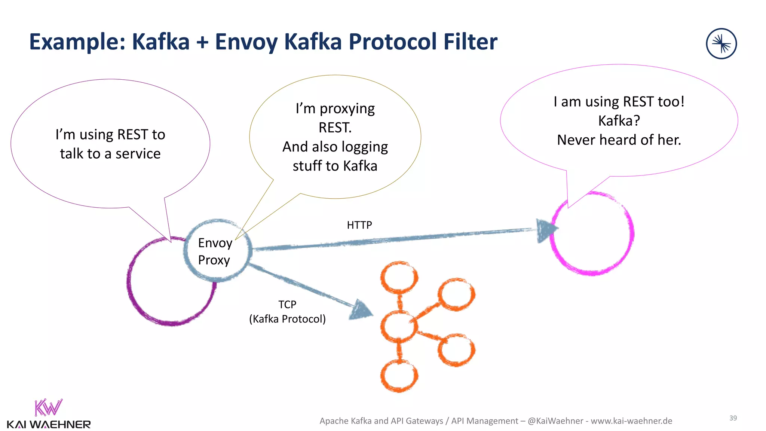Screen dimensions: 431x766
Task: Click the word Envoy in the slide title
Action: pyautogui.click(x=246, y=42)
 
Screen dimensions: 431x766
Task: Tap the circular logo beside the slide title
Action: pyautogui.click(x=721, y=44)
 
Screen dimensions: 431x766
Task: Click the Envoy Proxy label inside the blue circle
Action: pyautogui.click(x=215, y=251)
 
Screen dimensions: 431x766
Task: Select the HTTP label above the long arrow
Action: pyautogui.click(x=359, y=225)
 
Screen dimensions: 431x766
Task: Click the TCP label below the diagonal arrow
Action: pyautogui.click(x=287, y=305)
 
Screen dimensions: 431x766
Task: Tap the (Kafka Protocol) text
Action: pyautogui.click(x=287, y=319)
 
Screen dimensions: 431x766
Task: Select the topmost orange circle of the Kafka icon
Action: pyautogui.click(x=399, y=278)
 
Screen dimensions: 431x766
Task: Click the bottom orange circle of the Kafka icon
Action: pyautogui.click(x=399, y=376)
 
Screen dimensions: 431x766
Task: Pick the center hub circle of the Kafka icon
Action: pyautogui.click(x=399, y=326)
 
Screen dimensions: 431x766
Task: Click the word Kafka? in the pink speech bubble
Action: pyautogui.click(x=619, y=121)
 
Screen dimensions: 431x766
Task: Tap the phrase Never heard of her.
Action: pyautogui.click(x=619, y=140)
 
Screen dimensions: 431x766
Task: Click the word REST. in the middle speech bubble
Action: pyautogui.click(x=335, y=128)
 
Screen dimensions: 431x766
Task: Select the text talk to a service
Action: pyautogui.click(x=110, y=154)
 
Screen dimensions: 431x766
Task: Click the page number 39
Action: pyautogui.click(x=733, y=418)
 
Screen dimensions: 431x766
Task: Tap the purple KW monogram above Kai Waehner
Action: pyautogui.click(x=48, y=407)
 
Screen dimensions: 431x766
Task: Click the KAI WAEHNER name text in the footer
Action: pyautogui.click(x=49, y=425)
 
